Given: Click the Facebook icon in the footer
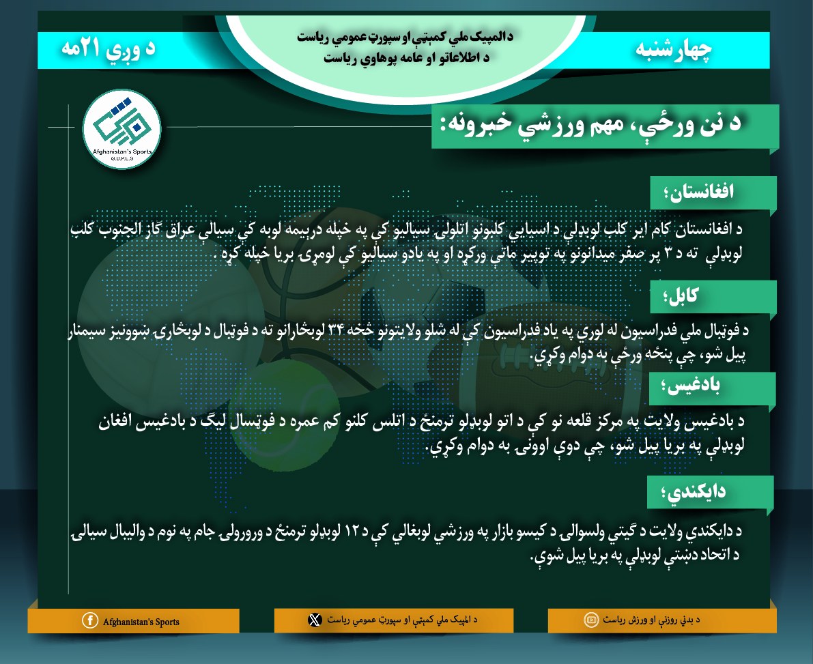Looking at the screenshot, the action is [x=89, y=620].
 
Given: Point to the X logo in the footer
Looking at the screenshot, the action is [x=314, y=620].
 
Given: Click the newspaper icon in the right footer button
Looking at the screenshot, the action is [x=590, y=620].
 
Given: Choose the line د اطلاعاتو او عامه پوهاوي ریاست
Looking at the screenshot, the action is [x=408, y=58].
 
